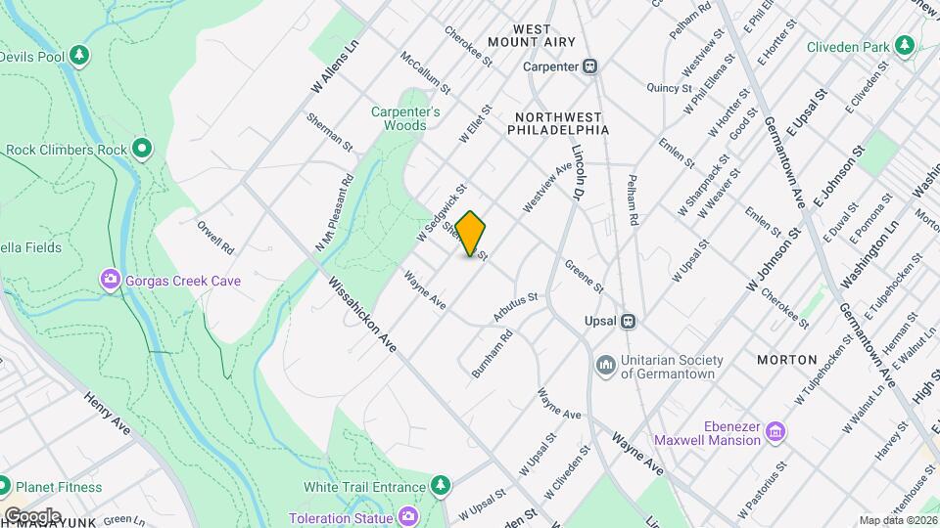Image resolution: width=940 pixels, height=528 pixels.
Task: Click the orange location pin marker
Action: tap(471, 233)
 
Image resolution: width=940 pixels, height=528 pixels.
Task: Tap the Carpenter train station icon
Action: tap(589, 66)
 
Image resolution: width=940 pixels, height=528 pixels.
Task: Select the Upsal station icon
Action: tap(631, 321)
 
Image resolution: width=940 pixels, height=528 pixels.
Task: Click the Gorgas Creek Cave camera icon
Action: tap(111, 281)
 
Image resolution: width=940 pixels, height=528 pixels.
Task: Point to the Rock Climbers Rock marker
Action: tap(143, 150)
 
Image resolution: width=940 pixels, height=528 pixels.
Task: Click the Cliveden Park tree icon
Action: tap(905, 46)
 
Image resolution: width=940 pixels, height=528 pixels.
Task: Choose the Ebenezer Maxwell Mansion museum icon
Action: tap(775, 430)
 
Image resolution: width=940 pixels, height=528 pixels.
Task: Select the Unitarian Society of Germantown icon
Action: tap(605, 365)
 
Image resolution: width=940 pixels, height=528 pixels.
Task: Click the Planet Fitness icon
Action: tap(4, 486)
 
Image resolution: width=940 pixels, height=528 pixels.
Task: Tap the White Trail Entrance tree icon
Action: tap(442, 486)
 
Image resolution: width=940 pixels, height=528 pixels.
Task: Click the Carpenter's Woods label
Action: tap(404, 118)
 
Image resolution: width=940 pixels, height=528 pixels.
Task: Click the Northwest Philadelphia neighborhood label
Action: tap(559, 122)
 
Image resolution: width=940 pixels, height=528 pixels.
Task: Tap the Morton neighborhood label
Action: tap(786, 360)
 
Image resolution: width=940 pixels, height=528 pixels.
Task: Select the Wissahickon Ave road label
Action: tap(362, 315)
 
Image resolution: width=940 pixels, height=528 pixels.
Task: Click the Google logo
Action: tap(32, 515)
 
